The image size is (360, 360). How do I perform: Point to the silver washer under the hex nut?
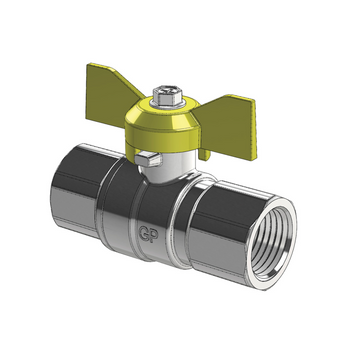pyautogui.click(x=165, y=112)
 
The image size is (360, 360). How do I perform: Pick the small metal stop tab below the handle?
pyautogui.click(x=147, y=158)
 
